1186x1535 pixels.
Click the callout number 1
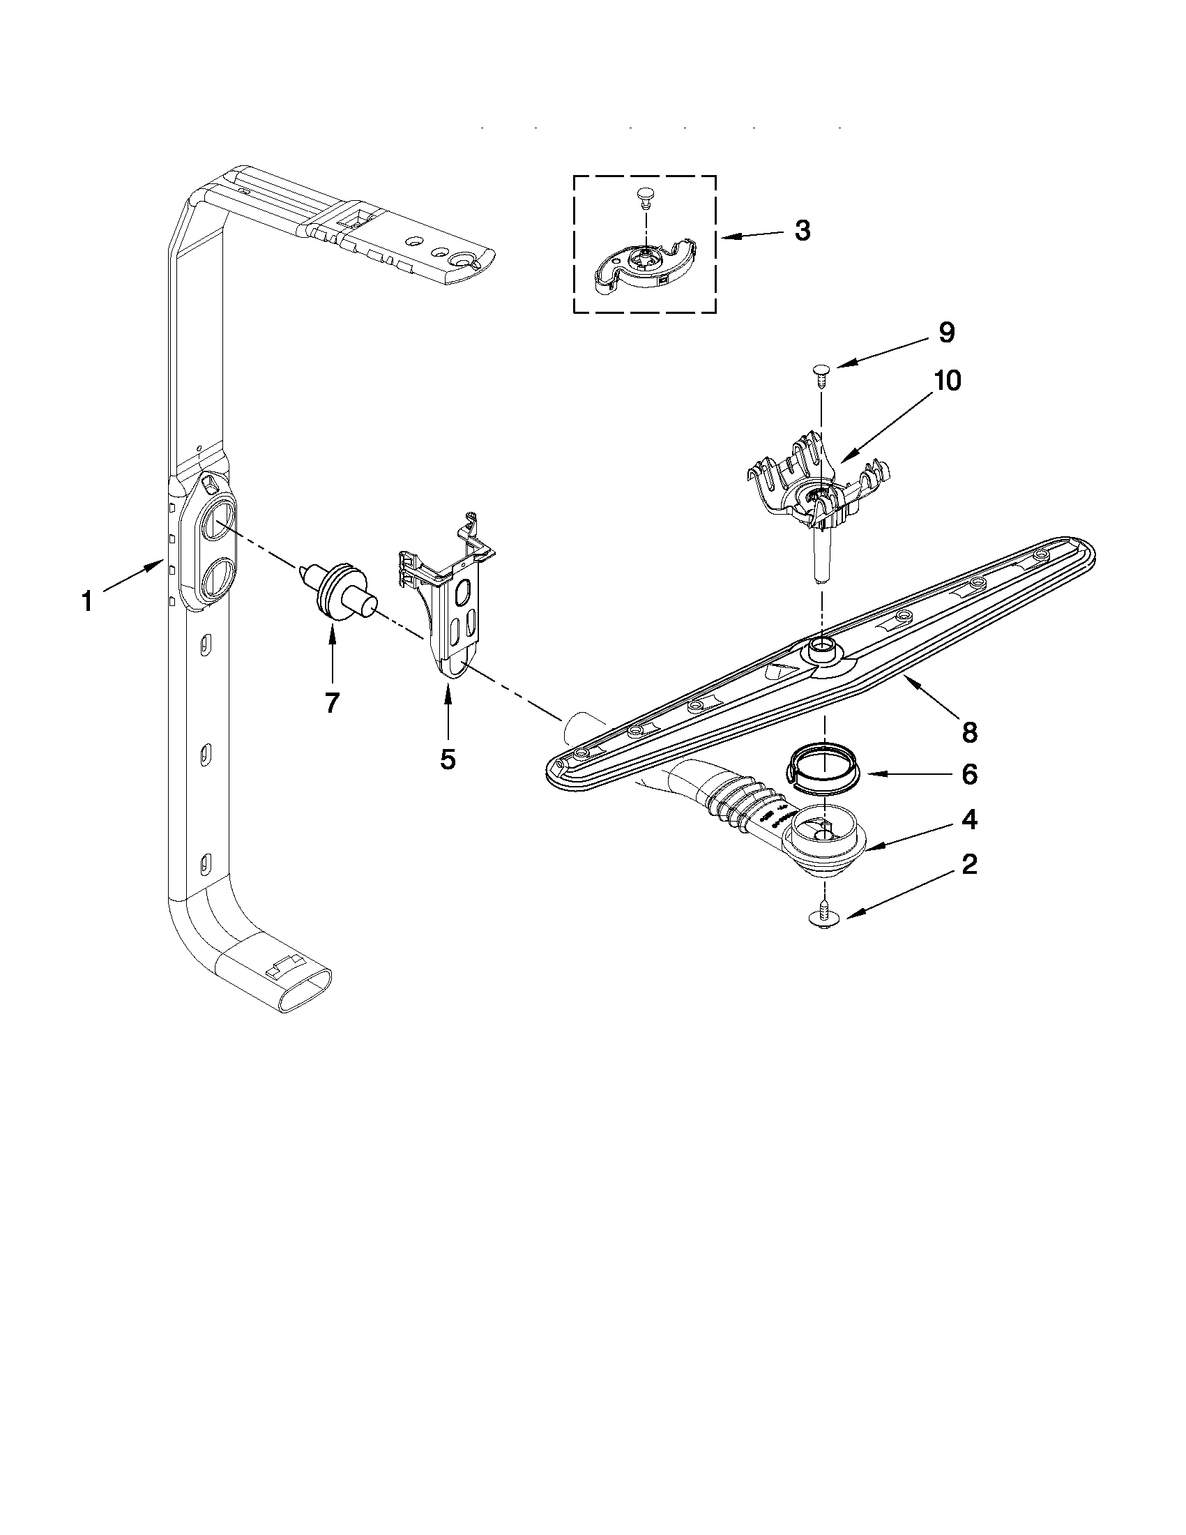[87, 602]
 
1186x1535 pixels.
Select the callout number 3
[803, 231]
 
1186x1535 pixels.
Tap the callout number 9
[946, 333]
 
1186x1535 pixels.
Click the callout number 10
[947, 380]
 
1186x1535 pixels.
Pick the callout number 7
[333, 702]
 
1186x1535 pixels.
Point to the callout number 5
[448, 758]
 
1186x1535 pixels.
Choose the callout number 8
[970, 732]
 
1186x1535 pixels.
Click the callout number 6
[970, 775]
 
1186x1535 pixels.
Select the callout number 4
[970, 819]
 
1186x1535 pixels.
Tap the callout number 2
[970, 865]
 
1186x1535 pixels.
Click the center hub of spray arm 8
[821, 649]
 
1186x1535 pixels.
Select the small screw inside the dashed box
[645, 196]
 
